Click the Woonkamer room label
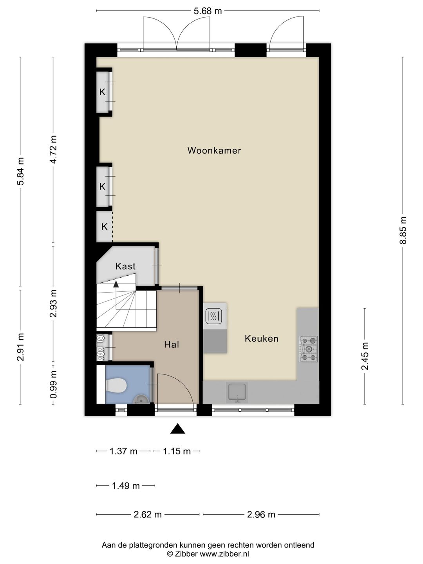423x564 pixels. tap(214, 150)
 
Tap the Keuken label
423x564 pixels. tap(262, 338)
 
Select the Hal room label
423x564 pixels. tap(172, 345)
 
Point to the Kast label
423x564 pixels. tap(125, 266)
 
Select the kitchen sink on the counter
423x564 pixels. tap(237, 392)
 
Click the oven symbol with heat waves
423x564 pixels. tap(213, 316)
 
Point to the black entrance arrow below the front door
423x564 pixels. tap(177, 428)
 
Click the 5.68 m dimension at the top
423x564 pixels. tap(208, 11)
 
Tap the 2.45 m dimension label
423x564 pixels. tap(365, 356)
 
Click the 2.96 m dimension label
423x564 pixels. tap(261, 514)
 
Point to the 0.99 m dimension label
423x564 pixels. tap(53, 384)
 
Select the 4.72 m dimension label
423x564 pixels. tap(53, 150)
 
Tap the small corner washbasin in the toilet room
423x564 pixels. tap(141, 399)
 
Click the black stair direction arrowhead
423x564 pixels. tap(116, 284)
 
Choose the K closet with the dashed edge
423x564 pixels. tap(104, 227)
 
